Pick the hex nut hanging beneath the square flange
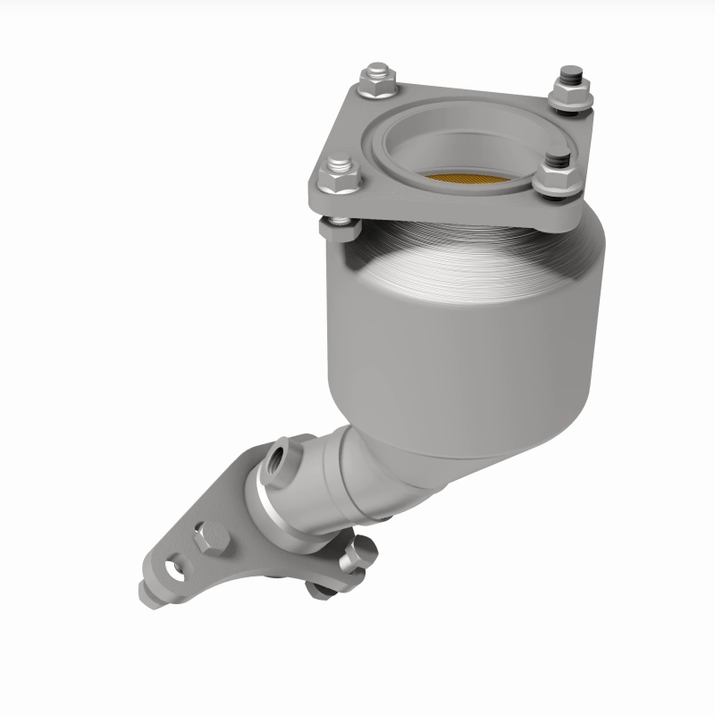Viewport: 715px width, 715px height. [341, 229]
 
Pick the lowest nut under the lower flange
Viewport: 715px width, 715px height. [319, 588]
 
